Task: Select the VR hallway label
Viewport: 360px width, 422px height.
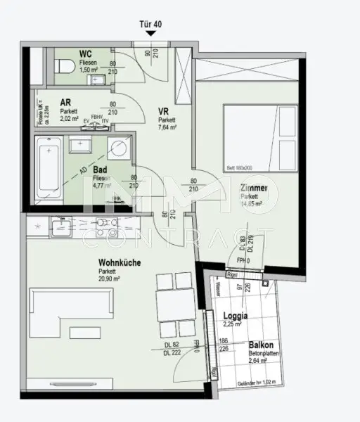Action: [164, 111]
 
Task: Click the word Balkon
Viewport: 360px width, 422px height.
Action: [260, 345]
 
